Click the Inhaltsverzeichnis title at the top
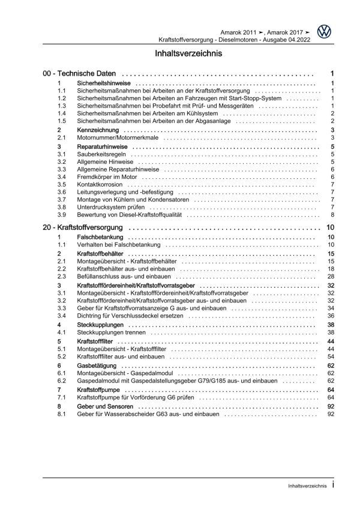pyautogui.click(x=179, y=53)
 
